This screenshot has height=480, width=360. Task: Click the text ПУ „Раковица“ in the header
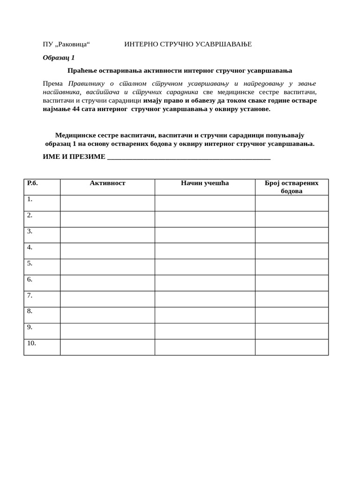coord(66,44)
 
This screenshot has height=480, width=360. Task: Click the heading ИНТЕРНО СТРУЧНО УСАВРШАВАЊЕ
coord(188,44)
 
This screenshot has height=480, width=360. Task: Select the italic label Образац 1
coord(59,58)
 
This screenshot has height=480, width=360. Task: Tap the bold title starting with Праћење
coord(180,71)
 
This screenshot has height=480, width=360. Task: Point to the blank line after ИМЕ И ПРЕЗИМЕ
coord(188,157)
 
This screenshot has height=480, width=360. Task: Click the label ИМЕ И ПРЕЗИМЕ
coord(74,157)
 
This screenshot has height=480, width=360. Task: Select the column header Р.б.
coord(32,183)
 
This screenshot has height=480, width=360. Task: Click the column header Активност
coord(107,183)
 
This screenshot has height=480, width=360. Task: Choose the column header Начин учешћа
coord(205,183)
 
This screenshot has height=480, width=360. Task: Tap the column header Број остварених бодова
coord(292,187)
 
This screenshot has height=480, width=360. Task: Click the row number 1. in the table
coord(30,199)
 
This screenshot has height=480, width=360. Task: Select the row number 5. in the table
coord(30,263)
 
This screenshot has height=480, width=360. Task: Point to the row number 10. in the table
coord(31,343)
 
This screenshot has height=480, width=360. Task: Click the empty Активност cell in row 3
coord(107,235)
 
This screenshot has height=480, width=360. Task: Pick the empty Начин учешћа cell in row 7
coord(205,299)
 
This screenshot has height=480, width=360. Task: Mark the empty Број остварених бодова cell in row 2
coord(292,219)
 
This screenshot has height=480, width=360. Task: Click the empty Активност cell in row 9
coord(107,331)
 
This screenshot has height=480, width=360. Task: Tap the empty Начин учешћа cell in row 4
coord(205,251)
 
